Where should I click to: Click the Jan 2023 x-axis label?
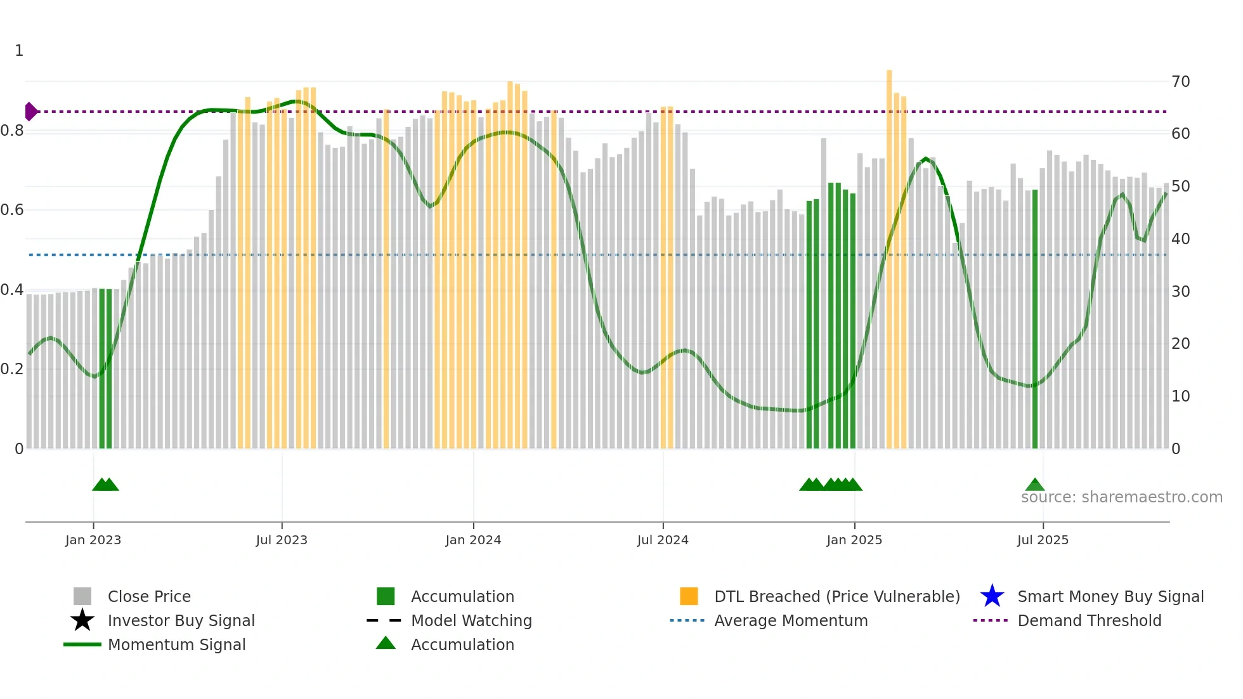[93, 540]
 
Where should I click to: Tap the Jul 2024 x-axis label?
[663, 540]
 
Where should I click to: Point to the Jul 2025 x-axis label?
[1043, 540]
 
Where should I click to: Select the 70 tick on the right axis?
[1180, 82]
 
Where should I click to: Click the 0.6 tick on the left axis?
[12, 210]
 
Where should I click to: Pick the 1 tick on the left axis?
[19, 51]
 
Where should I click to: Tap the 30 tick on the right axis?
[1180, 292]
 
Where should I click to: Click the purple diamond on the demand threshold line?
[30, 112]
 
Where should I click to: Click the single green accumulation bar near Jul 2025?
[1035, 317]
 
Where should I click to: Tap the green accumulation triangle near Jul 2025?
[1035, 485]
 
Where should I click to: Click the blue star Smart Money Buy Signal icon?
[992, 596]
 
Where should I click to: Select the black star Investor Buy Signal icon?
[82, 620]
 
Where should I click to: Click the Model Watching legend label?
[471, 620]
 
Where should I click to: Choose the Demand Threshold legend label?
[1089, 620]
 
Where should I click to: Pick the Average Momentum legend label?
[791, 620]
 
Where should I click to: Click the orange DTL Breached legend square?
[689, 596]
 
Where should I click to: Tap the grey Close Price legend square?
[82, 596]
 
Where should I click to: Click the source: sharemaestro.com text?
[1121, 497]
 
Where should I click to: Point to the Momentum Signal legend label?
[176, 644]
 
